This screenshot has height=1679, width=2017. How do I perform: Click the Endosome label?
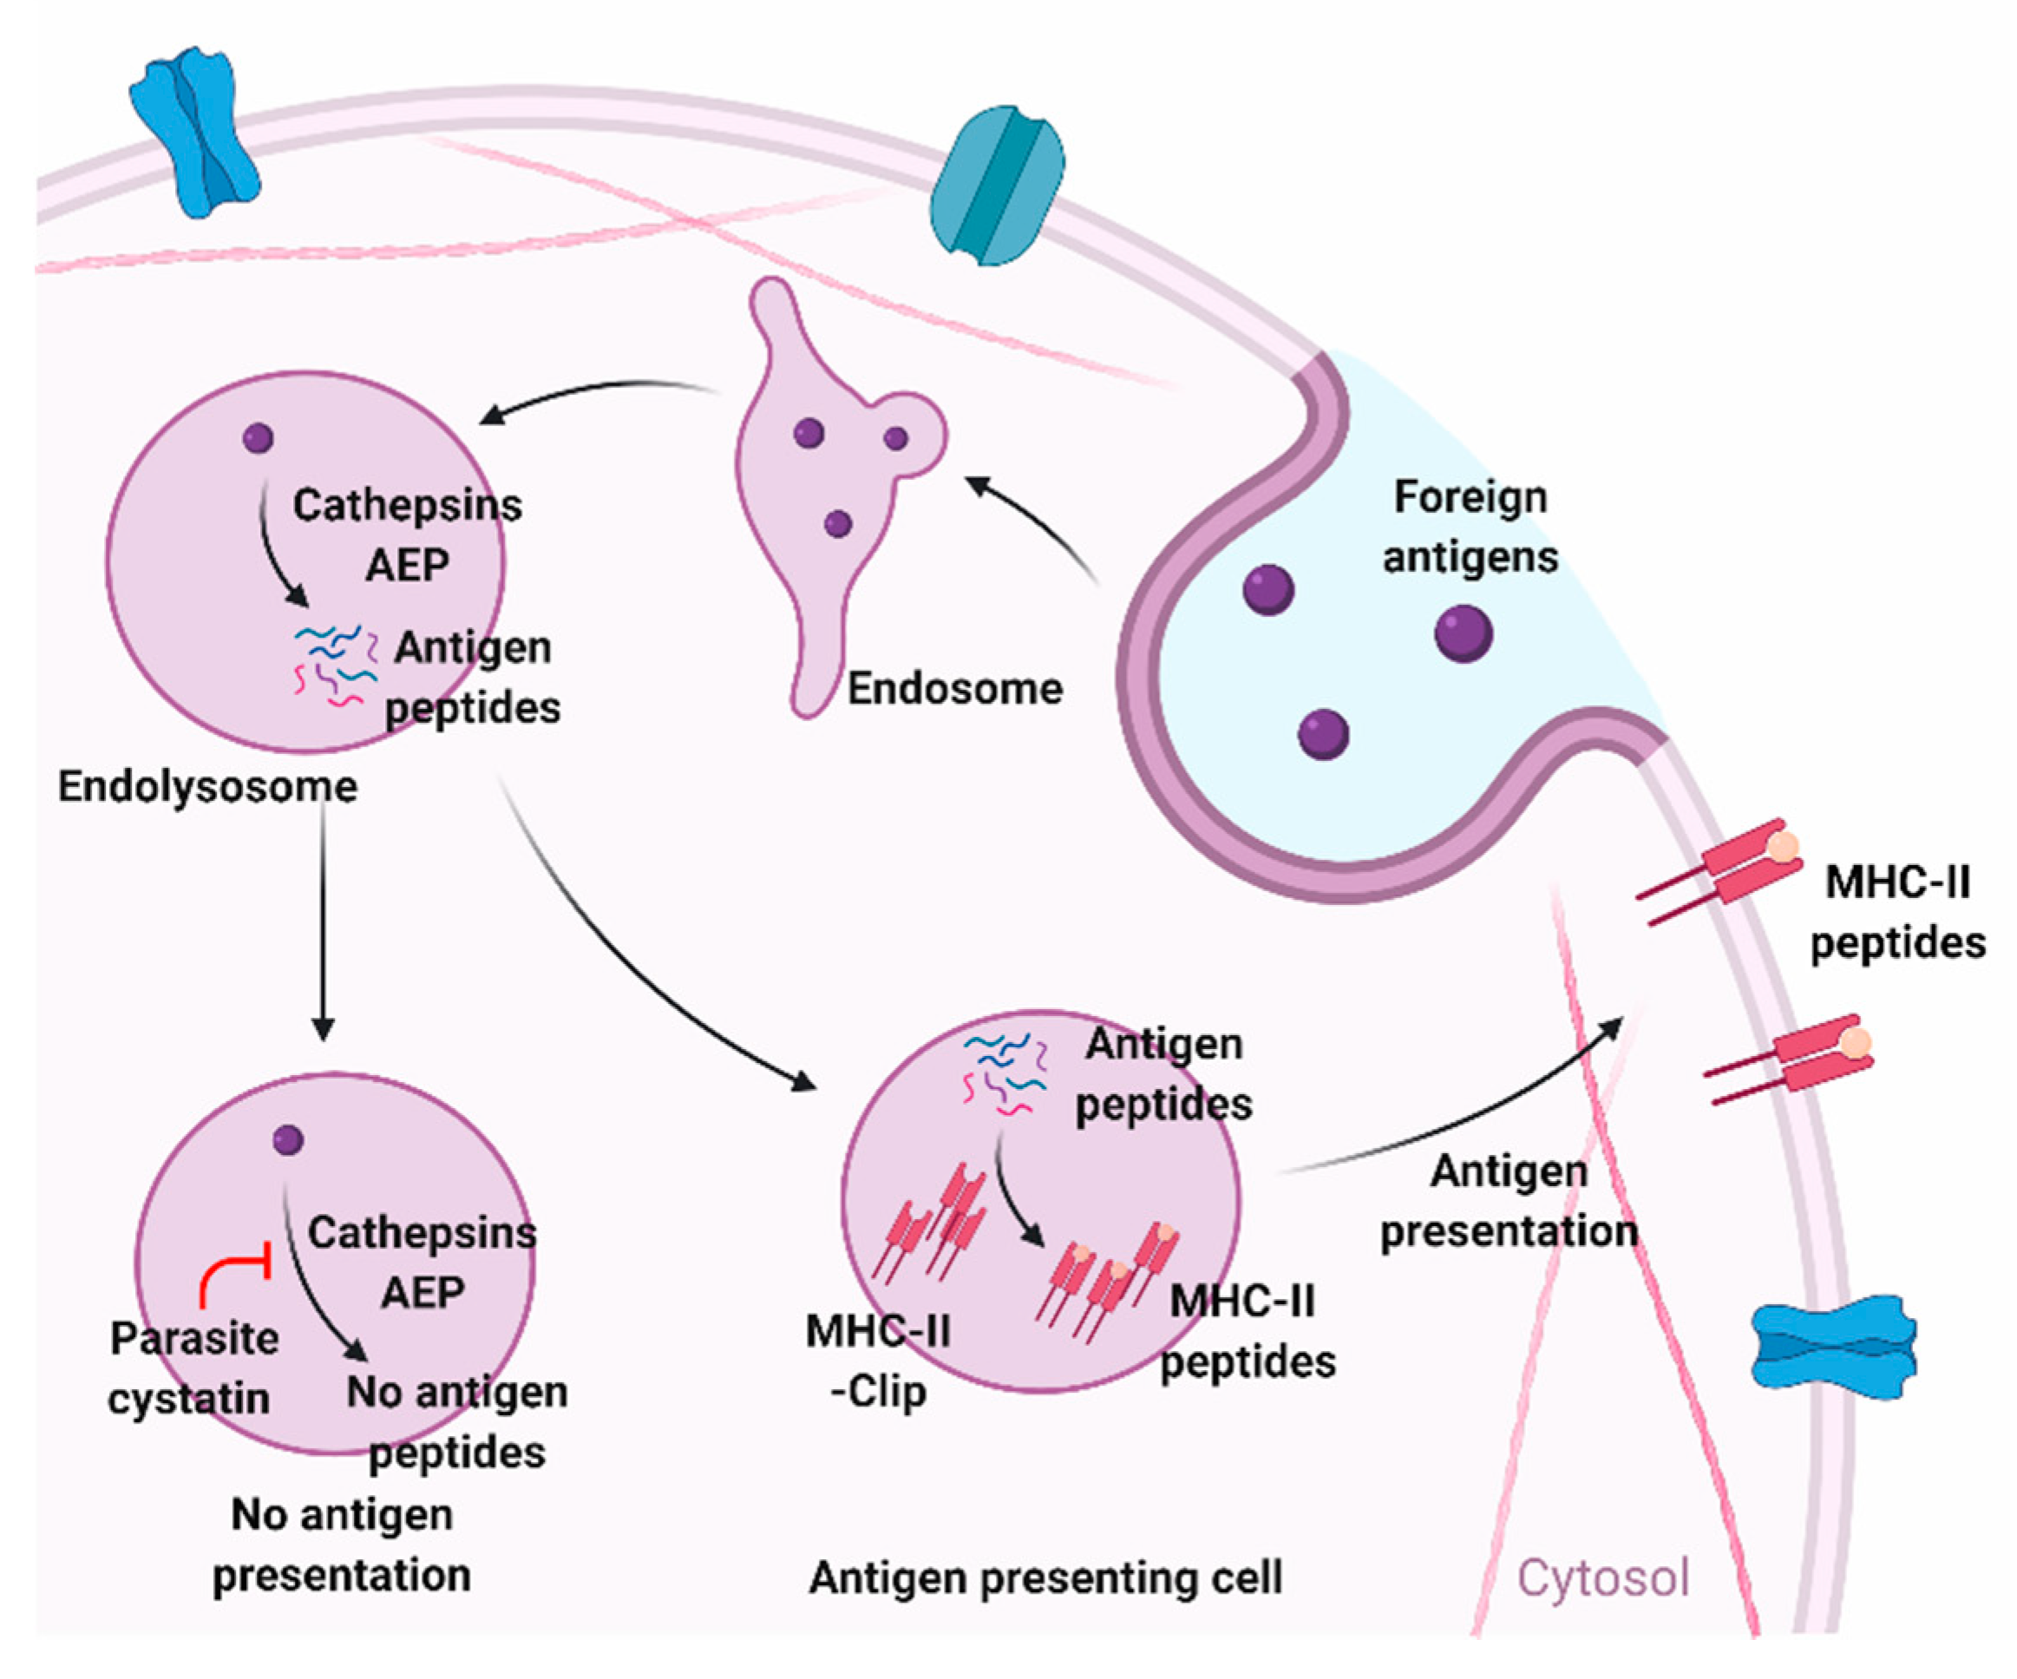[953, 689]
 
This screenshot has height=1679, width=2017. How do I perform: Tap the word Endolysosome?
[207, 787]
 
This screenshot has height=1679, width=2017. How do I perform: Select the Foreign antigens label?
[1470, 527]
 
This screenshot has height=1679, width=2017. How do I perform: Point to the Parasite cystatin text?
[192, 1367]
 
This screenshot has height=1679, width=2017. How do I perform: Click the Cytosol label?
[1602, 1577]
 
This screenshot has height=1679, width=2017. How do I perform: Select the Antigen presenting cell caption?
[1045, 1577]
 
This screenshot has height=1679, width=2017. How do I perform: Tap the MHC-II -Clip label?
[878, 1361]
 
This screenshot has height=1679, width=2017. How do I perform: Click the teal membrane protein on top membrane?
[997, 186]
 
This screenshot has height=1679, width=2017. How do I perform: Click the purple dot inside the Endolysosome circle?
[258, 438]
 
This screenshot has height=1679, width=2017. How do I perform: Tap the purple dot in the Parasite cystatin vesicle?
[288, 1140]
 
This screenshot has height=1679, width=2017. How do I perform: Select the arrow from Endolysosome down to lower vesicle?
[323, 922]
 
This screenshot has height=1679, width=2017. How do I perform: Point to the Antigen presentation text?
[1508, 1202]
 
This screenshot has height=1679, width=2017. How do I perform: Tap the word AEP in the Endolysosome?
[407, 565]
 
